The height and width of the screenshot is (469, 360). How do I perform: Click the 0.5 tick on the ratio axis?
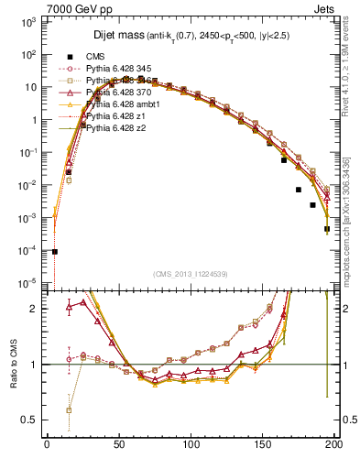[x=30, y=420]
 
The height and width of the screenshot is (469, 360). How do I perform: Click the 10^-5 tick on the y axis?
[x=27, y=282]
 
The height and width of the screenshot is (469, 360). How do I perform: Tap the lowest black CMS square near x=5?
[x=55, y=251]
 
